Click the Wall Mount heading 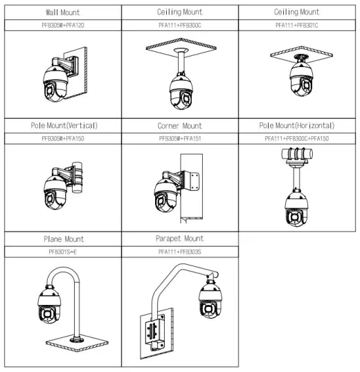63,12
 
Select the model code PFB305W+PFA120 63,25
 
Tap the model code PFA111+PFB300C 180,25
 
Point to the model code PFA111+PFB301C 296,25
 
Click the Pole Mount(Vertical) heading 64,126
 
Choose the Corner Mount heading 180,126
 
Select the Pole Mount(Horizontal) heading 297,126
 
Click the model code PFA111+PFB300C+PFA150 297,138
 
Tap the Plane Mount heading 64,239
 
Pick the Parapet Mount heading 180,239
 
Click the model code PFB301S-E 63,252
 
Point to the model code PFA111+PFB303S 180,252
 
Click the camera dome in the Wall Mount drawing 55,83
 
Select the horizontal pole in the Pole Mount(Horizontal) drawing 297,154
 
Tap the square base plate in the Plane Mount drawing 77,343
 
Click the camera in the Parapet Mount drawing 210,299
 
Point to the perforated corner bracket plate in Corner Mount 192,180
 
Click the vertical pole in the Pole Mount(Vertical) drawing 77,177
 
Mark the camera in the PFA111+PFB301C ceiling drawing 301,79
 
